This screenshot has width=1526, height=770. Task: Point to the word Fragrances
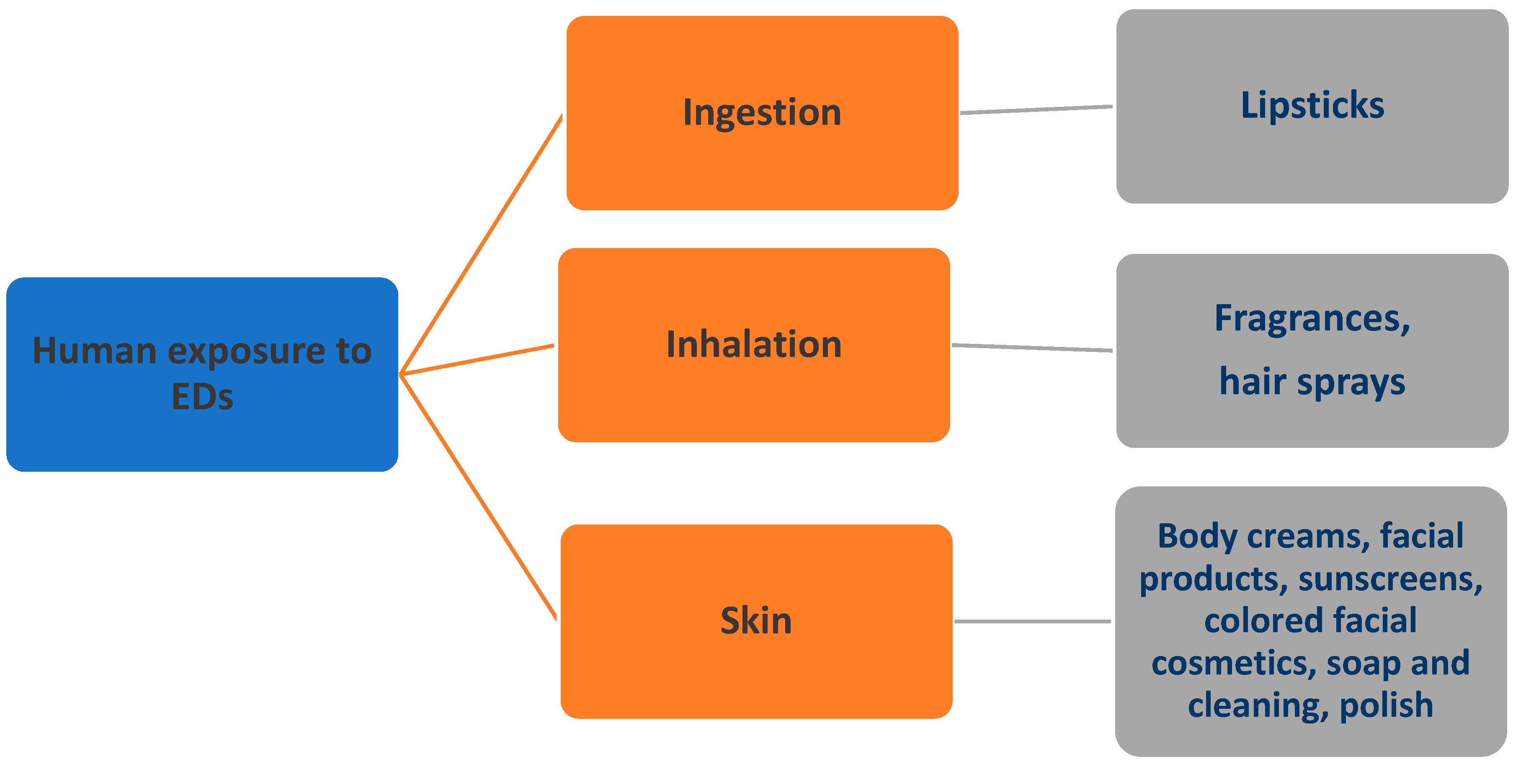[x=1312, y=319]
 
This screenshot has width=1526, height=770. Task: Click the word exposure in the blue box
[x=246, y=351]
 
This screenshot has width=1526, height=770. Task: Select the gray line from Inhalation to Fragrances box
[x=1032, y=348]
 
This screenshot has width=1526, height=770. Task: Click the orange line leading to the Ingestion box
[x=481, y=244]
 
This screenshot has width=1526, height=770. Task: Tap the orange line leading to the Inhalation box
[x=477, y=360]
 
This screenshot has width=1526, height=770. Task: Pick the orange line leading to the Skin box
[x=479, y=498]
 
